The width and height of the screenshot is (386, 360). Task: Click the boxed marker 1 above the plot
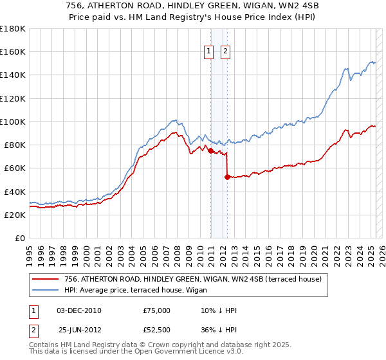tap(210, 53)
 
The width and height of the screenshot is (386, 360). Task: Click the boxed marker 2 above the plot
tap(226, 53)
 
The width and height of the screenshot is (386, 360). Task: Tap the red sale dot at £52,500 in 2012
tap(227, 177)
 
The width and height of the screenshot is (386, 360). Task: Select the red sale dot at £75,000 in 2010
tap(210, 150)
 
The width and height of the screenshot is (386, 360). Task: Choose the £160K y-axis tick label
tap(12, 51)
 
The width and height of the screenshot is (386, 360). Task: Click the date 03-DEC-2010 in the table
tap(79, 310)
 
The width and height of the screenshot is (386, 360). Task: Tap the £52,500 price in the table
tap(157, 329)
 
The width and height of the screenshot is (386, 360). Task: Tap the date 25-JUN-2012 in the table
tap(79, 329)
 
